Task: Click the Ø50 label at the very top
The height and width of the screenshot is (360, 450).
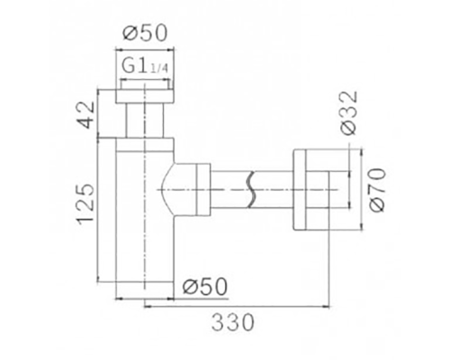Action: pyautogui.click(x=144, y=33)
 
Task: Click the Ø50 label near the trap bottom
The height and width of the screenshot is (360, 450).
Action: pyautogui.click(x=203, y=286)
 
